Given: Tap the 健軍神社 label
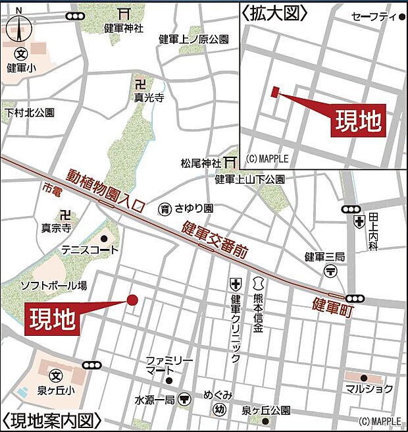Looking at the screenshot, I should tap(123, 28).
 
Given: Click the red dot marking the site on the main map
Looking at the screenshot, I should tap(132, 300).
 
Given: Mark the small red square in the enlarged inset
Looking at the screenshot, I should tap(274, 92).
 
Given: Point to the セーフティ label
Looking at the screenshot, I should tap(374, 16).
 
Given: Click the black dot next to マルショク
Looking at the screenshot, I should tap(363, 377).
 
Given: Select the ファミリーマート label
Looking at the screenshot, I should tap(169, 366).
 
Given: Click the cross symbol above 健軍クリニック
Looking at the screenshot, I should tap(235, 284).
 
